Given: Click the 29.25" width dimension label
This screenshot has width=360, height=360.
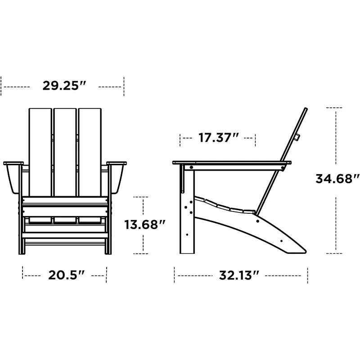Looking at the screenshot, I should [x=64, y=85].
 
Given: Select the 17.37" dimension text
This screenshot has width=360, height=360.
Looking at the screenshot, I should [x=218, y=138].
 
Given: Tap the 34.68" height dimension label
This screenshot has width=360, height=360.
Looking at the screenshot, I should [x=337, y=179].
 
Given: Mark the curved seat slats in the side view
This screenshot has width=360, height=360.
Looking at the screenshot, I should [x=225, y=206].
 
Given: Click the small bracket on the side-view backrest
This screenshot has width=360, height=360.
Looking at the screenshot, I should [x=297, y=137].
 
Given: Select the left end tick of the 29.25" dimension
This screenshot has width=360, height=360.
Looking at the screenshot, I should [x=2, y=86].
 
